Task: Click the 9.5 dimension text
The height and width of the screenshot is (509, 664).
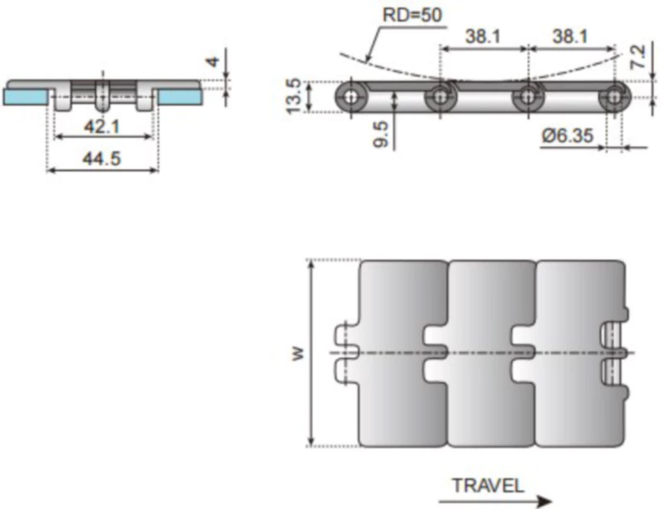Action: click(x=381, y=135)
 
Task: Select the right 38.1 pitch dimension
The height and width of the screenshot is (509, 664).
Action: click(x=570, y=37)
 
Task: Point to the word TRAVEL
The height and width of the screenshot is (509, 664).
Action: click(x=487, y=486)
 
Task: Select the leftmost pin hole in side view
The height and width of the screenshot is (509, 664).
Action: click(x=353, y=97)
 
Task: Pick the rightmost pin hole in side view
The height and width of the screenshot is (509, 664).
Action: click(x=613, y=97)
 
